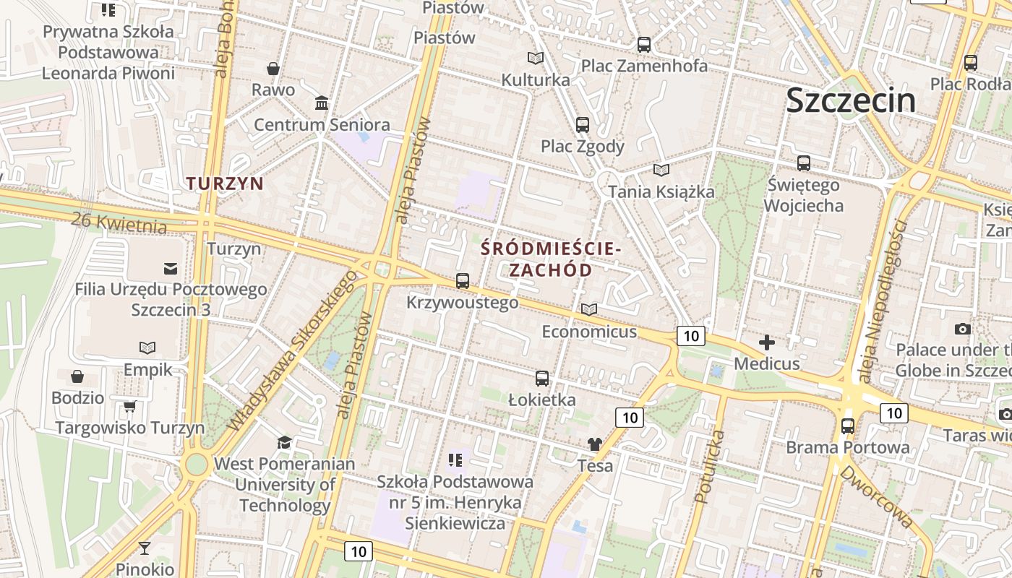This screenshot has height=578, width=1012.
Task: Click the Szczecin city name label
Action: [851, 100]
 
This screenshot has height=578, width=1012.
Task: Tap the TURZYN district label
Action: [226, 184]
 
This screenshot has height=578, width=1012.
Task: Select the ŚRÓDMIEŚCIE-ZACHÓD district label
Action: [551, 260]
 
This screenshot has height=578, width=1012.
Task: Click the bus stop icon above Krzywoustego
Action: [463, 281]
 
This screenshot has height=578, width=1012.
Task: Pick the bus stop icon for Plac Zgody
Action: [583, 125]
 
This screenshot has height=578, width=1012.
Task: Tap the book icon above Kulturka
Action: [536, 59]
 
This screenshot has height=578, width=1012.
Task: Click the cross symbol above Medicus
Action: [767, 342]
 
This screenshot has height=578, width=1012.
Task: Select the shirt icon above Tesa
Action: [595, 444]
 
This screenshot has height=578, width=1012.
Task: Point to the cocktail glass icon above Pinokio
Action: [145, 548]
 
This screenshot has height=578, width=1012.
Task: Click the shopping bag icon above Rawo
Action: [273, 69]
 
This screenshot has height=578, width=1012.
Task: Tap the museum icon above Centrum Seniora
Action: [322, 103]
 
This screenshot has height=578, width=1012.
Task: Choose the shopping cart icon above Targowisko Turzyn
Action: [130, 407]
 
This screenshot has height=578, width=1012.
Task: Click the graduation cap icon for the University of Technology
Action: [285, 442]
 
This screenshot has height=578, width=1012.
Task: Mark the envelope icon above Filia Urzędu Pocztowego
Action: [171, 269]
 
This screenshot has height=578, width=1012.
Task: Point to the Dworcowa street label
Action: [875, 496]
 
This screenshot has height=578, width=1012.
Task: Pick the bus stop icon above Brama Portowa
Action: [848, 426]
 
